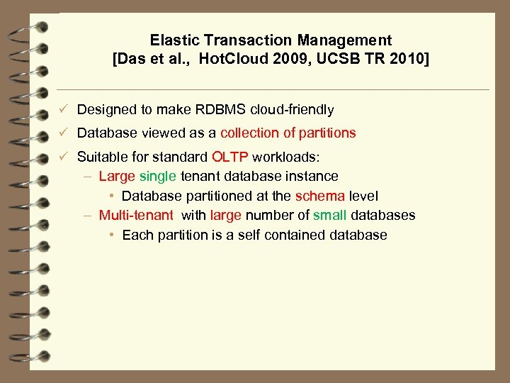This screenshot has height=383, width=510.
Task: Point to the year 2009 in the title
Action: pos(279,59)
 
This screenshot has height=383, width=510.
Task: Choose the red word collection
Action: pos(250,133)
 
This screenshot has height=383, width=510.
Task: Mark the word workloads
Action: pos(291,156)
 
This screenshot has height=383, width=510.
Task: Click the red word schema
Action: pos(320,196)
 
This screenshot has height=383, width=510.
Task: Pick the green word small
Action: pos(329,215)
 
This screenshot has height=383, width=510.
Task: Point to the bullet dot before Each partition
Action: pos(113,235)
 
